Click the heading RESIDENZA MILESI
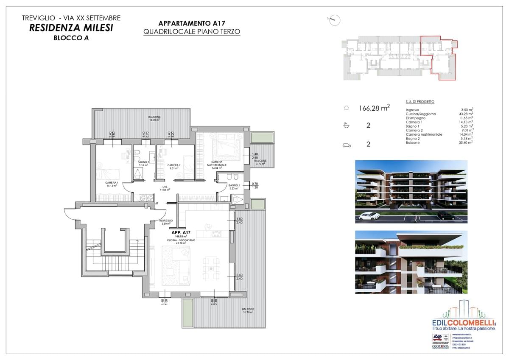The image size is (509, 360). pyautogui.click(x=71, y=28)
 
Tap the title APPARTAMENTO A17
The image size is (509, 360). pyautogui.click(x=192, y=23)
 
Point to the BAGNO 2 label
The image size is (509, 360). pyautogui.click(x=143, y=163)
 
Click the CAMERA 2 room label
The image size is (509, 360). pyautogui.click(x=174, y=166)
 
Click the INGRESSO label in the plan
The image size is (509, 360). pyautogui.click(x=166, y=222)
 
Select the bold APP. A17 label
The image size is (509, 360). pyautogui.click(x=181, y=233)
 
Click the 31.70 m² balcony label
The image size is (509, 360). pyautogui.click(x=248, y=311)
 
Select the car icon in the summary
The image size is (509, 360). pyautogui.click(x=347, y=145)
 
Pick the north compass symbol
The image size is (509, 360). pyautogui.click(x=334, y=20)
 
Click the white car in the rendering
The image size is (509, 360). pyautogui.click(x=369, y=216)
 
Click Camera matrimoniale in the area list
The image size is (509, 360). pyautogui.click(x=424, y=134)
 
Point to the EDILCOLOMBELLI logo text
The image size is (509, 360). pyautogui.click(x=463, y=322)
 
